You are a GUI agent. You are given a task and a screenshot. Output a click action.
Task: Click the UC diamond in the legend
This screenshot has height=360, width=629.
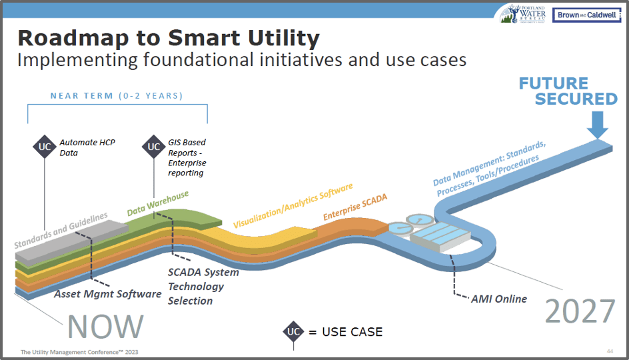(x=293, y=331)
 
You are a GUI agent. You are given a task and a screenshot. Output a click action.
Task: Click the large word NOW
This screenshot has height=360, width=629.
(x=106, y=326)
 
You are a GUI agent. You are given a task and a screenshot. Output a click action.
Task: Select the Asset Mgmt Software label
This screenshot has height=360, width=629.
(x=108, y=293)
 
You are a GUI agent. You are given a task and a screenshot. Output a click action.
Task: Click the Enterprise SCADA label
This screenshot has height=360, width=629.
(x=355, y=207)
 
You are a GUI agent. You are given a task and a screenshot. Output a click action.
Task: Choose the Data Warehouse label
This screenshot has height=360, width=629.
(x=158, y=204)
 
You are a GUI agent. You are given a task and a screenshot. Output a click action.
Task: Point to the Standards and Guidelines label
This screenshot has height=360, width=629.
(x=61, y=231)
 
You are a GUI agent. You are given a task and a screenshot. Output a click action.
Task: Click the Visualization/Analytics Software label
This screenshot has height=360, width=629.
(x=293, y=207)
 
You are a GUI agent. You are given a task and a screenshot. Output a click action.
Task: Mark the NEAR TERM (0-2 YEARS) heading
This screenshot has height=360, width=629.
(x=117, y=96)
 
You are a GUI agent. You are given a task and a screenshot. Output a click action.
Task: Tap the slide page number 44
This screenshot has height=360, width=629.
(x=609, y=351)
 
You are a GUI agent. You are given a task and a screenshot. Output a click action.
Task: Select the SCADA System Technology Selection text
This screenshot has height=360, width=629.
(x=196, y=287)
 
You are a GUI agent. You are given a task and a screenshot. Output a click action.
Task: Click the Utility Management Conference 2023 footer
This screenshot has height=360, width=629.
(x=80, y=351)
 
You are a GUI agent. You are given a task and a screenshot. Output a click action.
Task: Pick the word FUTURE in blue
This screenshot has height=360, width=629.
(x=554, y=84)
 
